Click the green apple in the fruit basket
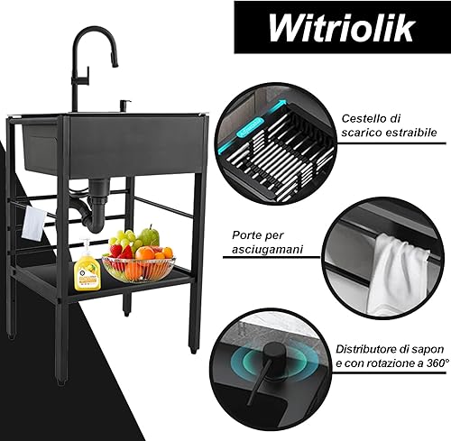(151, 236)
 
